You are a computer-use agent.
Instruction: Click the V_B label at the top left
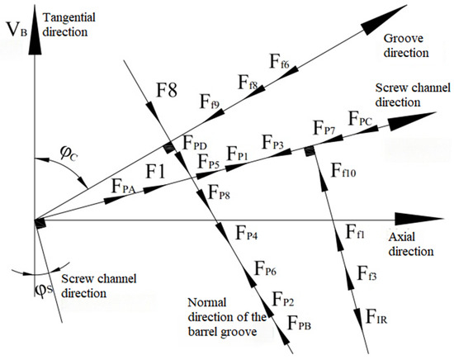click(17, 30)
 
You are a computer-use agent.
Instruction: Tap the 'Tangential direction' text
click(69, 25)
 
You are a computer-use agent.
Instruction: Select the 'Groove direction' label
click(405, 45)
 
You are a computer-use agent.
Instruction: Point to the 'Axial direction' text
click(411, 244)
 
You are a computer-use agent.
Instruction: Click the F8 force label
click(167, 90)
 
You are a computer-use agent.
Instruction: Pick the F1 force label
click(155, 171)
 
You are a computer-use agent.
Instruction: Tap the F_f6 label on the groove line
click(279, 61)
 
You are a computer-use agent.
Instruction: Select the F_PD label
click(194, 142)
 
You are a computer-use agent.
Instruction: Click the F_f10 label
click(343, 170)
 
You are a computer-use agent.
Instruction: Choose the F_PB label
click(299, 323)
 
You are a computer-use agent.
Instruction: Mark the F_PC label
click(360, 118)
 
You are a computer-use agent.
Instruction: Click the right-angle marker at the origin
click(40, 224)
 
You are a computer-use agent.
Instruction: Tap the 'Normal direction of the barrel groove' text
click(227, 317)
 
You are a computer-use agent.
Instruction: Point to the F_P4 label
click(247, 233)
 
